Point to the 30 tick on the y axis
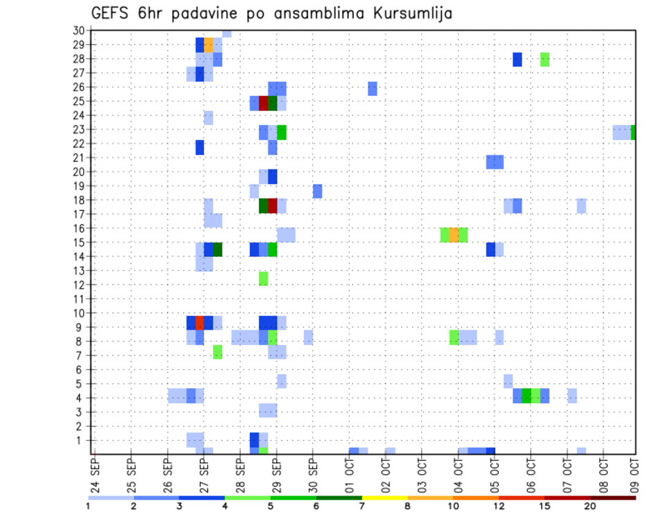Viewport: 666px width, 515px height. click(x=78, y=31)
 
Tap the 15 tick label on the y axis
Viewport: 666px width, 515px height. click(x=78, y=242)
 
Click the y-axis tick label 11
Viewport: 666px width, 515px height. click(x=78, y=299)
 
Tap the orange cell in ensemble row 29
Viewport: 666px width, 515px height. click(x=208, y=44)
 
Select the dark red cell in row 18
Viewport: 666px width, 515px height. click(x=273, y=206)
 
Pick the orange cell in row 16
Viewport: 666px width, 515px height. click(x=454, y=235)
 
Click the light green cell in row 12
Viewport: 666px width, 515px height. click(x=264, y=278)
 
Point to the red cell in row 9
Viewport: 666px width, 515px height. click(x=200, y=323)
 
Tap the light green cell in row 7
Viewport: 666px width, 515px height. click(x=218, y=352)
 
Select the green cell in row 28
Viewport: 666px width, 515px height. click(x=545, y=59)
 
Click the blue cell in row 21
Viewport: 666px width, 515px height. click(x=495, y=162)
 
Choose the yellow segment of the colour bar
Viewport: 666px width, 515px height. click(x=385, y=498)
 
